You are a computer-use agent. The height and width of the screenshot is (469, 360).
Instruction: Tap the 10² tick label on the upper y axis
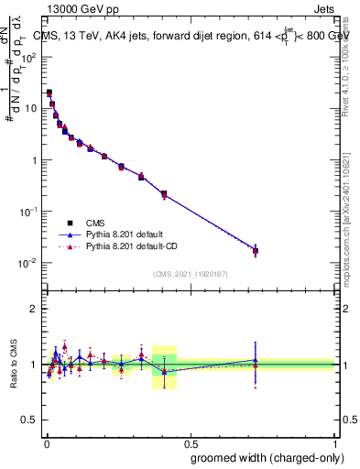coord(28,56)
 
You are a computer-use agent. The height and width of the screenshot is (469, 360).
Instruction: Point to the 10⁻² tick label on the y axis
coord(27,263)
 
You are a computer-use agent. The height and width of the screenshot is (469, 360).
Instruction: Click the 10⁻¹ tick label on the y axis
coord(27,212)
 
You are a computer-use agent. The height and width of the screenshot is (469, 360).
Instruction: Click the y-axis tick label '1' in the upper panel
coord(34,160)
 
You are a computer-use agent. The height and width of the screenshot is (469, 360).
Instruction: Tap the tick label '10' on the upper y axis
coord(30,108)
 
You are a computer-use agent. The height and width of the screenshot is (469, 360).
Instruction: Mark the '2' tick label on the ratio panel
coord(34,309)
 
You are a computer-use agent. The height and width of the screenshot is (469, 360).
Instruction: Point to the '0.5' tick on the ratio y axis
coord(28,420)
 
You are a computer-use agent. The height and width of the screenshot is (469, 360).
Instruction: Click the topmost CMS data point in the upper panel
coord(49,93)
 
